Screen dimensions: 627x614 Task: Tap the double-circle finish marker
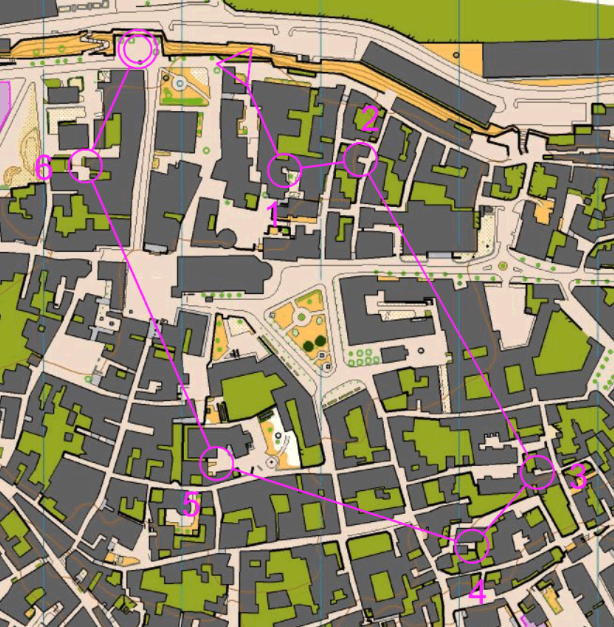(x=137, y=50)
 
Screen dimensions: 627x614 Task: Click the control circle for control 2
(x=361, y=160)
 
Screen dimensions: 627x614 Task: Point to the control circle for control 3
(x=538, y=472)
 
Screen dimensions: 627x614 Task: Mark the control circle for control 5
(x=217, y=463)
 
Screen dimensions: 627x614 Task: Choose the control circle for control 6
(x=87, y=165)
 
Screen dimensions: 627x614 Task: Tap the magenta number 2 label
(x=370, y=120)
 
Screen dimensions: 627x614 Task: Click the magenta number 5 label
(x=192, y=504)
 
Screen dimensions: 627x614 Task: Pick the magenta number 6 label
(x=44, y=169)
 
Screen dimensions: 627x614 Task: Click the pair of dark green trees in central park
(x=316, y=343)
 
